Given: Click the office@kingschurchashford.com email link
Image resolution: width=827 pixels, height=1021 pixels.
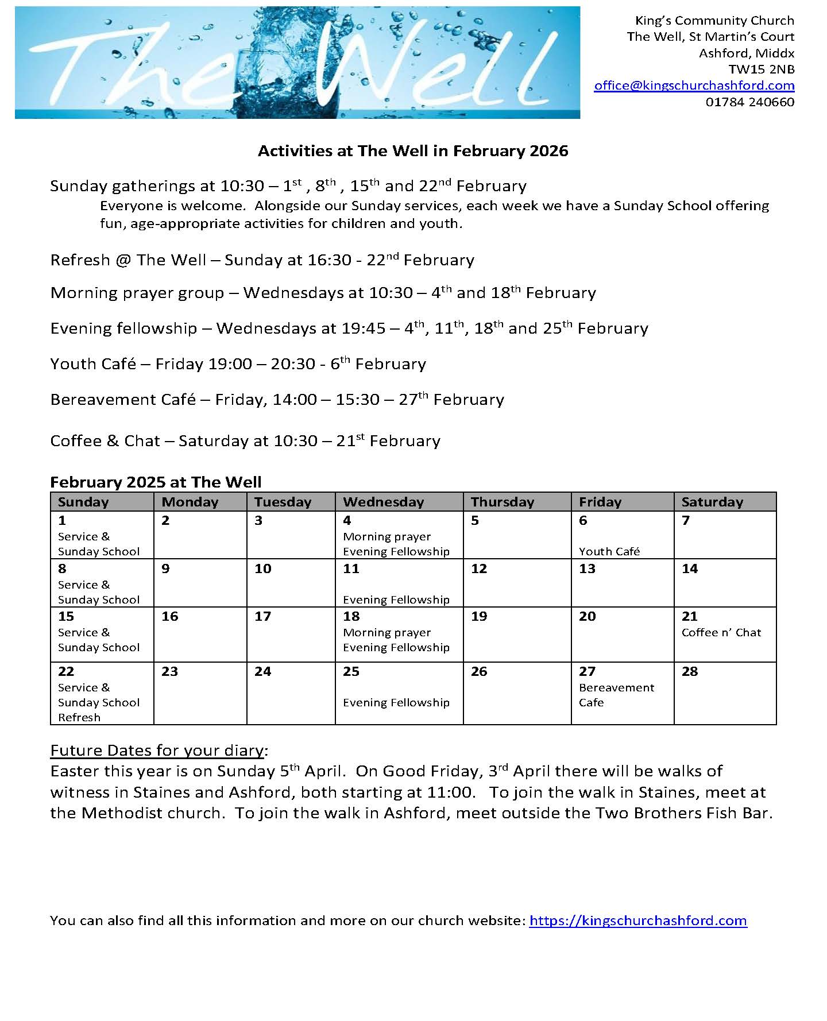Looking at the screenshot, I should [694, 86].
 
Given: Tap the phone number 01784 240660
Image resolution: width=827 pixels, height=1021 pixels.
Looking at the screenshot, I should [749, 102].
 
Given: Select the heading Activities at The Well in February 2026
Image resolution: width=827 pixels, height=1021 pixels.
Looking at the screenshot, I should [413, 151].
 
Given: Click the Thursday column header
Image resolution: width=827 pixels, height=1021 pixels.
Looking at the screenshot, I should [502, 502].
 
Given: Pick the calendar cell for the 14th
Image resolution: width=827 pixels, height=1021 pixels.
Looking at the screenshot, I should [724, 582].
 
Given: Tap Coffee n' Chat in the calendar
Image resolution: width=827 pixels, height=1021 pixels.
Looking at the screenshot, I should [721, 633].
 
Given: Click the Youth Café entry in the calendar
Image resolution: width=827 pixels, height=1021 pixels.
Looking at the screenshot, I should [609, 551].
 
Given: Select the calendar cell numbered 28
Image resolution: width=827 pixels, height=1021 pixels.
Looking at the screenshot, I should [724, 693].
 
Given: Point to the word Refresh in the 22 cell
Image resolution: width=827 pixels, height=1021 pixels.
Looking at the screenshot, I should [79, 717].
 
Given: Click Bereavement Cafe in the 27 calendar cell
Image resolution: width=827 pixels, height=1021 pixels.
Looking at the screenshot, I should [616, 695].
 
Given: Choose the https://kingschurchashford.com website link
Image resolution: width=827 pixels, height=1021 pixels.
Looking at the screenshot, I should [637, 921].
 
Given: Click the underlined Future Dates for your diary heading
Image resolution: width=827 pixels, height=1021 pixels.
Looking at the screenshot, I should [159, 751].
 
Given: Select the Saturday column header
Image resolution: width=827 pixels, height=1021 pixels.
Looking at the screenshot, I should [712, 502].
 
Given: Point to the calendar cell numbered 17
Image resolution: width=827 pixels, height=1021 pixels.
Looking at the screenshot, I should [291, 634].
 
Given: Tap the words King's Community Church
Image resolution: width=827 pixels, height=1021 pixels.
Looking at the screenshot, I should [714, 21].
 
